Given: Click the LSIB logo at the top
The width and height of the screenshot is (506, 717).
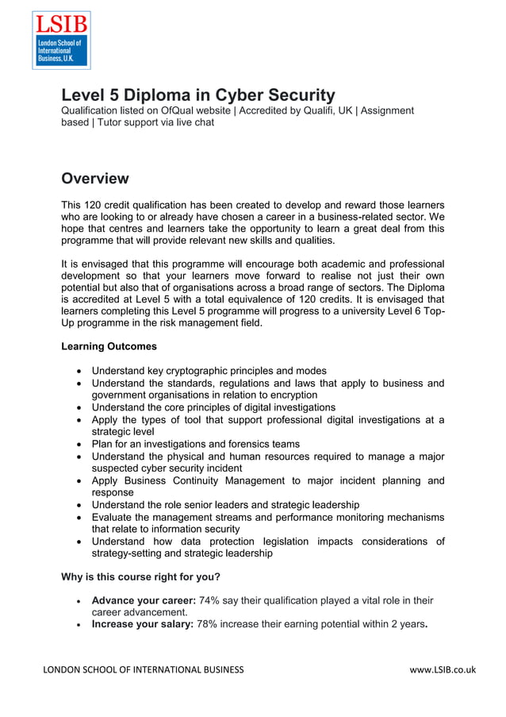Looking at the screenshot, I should tap(61, 40).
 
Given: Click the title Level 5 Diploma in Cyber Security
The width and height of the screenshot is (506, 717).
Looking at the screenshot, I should tap(198, 95).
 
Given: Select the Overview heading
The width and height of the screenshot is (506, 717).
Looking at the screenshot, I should tap(95, 178).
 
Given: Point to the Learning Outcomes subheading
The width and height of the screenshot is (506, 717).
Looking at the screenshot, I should tap(109, 346).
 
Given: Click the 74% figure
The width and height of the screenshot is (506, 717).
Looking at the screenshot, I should tap(211, 600).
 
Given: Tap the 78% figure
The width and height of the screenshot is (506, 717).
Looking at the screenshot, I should tap(208, 625).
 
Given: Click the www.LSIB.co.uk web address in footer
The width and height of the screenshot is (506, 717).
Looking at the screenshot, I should tap(442, 669).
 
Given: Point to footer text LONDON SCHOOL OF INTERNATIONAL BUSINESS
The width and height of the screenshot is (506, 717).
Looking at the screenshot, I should tap(144, 669).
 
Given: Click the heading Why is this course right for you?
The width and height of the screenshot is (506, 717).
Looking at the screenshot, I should tap(140, 576).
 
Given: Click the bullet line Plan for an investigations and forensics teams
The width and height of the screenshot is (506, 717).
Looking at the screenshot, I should tap(195, 444).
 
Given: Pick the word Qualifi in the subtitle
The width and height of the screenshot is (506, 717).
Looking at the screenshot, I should tap(320, 111).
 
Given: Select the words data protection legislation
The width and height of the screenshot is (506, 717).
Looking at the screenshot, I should tap(260, 541).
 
